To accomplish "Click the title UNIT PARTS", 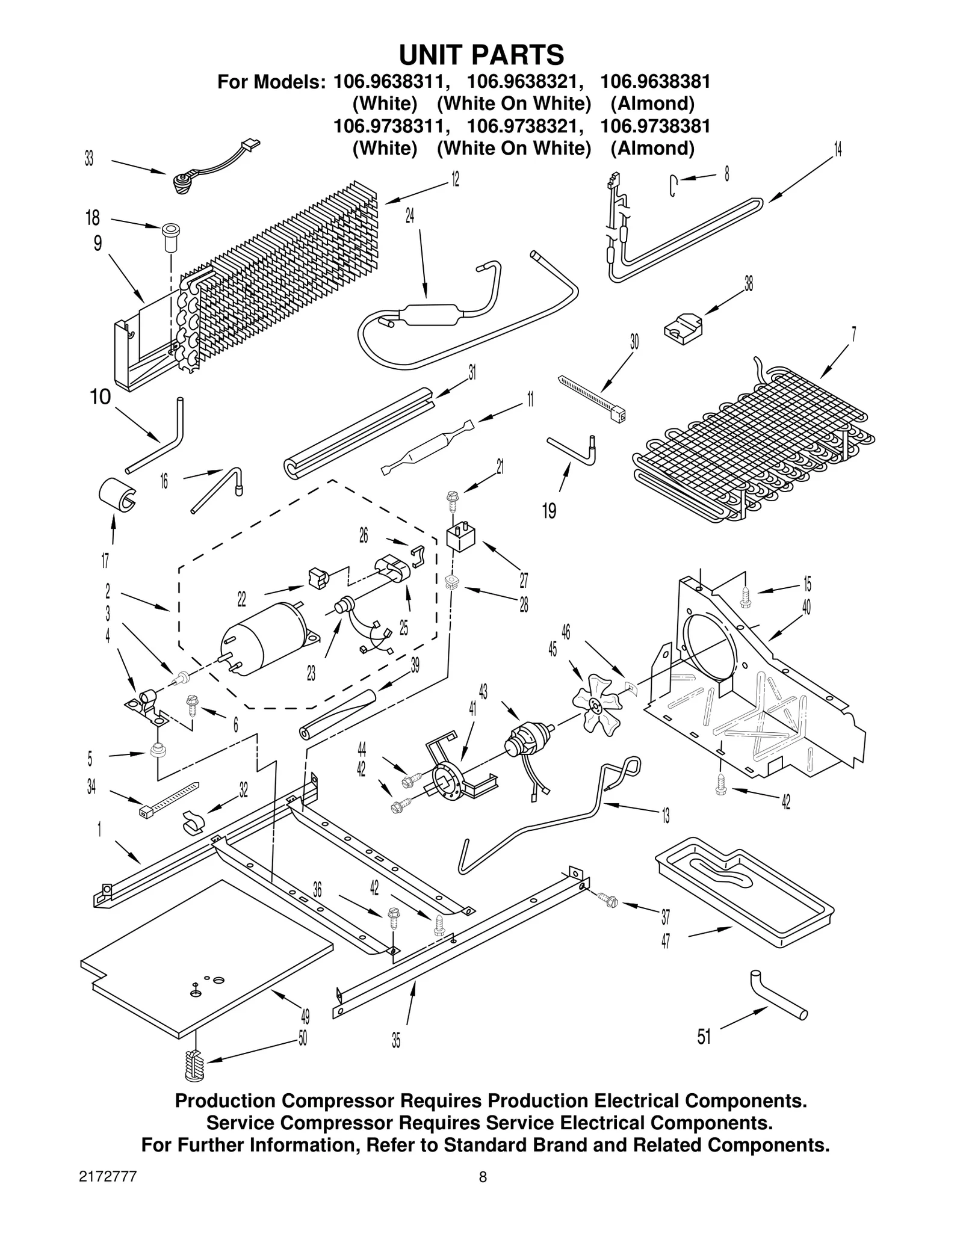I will pos(482,55).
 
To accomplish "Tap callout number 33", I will pos(89,159).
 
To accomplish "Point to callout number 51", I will pos(704,1037).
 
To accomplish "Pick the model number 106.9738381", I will pos(655,126).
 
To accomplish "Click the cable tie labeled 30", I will pos(593,398).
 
